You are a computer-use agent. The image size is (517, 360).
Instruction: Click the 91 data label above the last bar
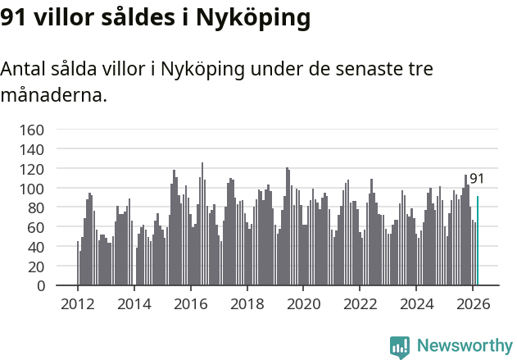point(477,179)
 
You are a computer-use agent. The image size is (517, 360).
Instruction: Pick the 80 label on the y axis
point(35,207)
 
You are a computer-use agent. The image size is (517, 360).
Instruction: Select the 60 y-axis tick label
point(35,227)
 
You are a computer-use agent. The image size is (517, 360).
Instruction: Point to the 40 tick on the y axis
point(35,247)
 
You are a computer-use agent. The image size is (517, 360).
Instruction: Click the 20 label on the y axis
point(35,267)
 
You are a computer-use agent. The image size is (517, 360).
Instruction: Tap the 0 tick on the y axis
point(40,286)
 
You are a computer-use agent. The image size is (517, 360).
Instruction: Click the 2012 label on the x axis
point(78,303)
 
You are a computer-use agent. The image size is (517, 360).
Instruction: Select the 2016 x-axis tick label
point(191,303)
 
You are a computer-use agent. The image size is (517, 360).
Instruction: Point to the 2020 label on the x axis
point(304,303)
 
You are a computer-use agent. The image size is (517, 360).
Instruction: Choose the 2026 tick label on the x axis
point(473,303)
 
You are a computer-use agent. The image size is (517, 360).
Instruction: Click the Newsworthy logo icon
point(400,346)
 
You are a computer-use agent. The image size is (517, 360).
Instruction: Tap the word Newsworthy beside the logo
point(464,346)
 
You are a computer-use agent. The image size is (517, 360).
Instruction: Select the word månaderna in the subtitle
point(53,95)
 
